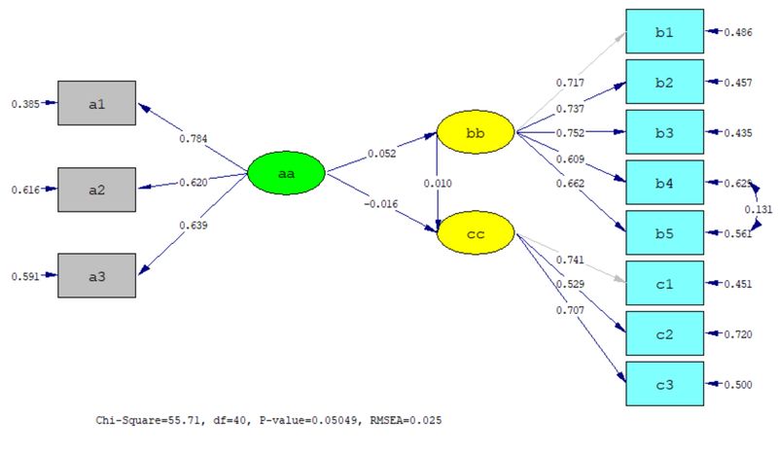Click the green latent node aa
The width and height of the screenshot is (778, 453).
tap(286, 174)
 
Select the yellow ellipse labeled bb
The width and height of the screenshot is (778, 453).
tap(475, 132)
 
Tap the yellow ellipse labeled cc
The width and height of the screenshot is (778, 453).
tap(475, 234)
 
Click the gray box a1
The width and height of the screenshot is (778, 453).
tap(96, 103)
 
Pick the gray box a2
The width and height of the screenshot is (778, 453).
tap(96, 190)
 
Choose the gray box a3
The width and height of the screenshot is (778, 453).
tap(96, 275)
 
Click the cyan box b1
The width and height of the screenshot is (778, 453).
tap(664, 32)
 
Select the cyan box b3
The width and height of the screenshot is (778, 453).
tap(664, 132)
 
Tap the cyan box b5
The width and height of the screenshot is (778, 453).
tap(664, 233)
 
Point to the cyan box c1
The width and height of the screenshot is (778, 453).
tap(664, 284)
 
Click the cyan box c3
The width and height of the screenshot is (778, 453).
tap(664, 385)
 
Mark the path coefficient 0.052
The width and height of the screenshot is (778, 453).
tap(381, 153)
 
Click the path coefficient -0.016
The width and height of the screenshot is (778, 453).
tap(381, 203)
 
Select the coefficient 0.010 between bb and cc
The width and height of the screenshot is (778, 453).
tap(437, 183)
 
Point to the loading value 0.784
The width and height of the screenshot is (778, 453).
tap(194, 138)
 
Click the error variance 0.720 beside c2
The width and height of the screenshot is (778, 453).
tap(737, 334)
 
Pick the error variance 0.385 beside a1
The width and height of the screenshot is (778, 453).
tap(24, 103)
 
